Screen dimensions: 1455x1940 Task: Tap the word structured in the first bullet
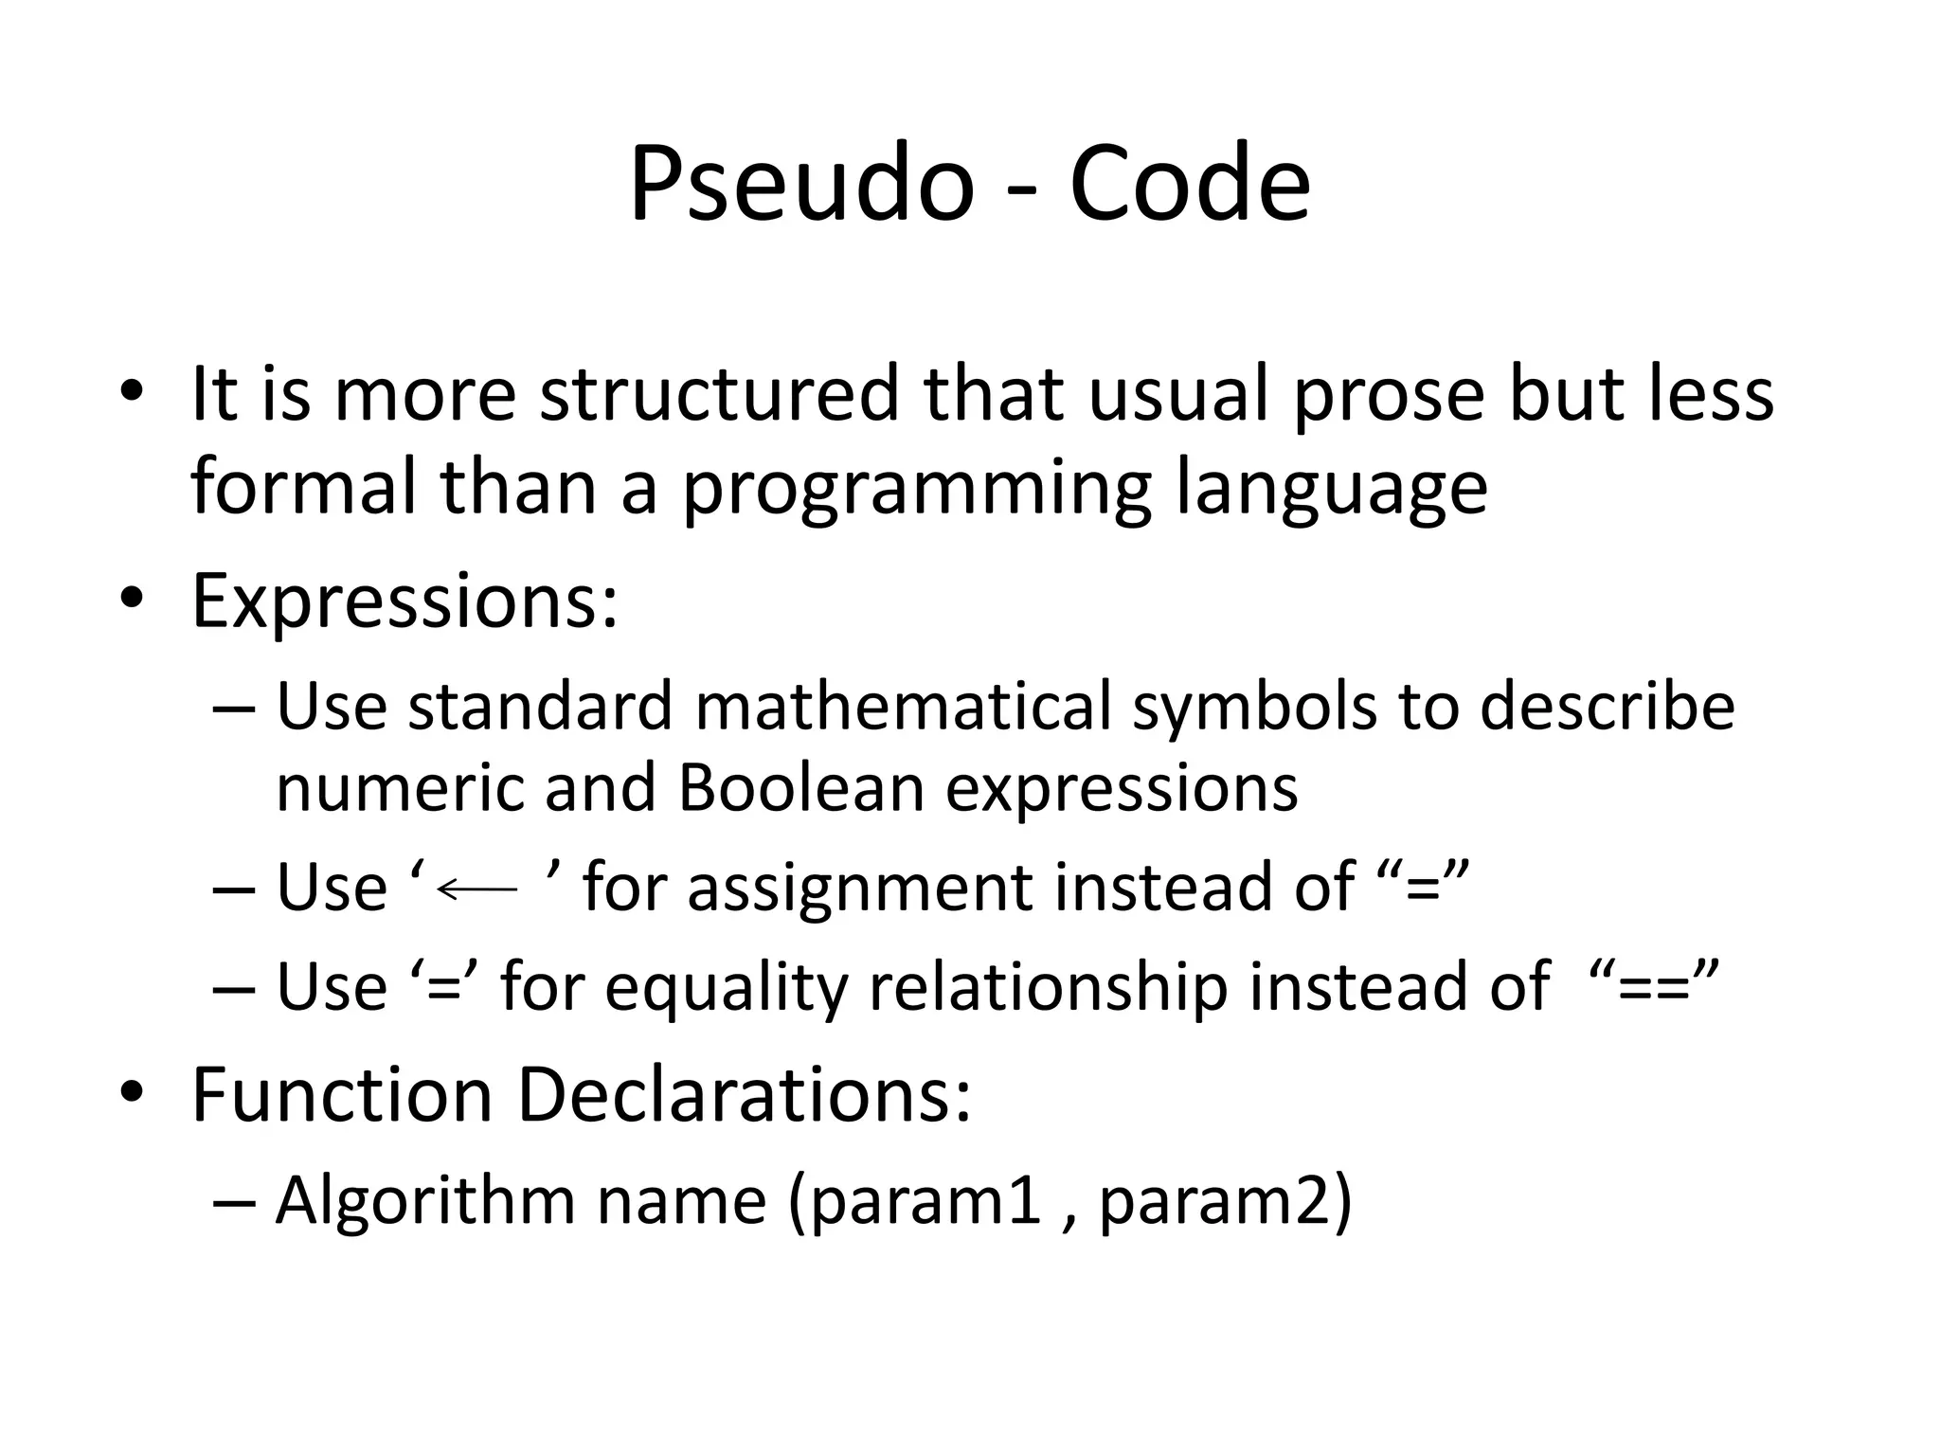pyautogui.click(x=719, y=394)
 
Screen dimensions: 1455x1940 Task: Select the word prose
pyautogui.click(x=1389, y=396)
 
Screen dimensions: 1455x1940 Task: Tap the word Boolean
pyautogui.click(x=800, y=788)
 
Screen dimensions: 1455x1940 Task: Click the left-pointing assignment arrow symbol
pyautogui.click(x=478, y=889)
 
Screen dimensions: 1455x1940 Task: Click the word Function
pyautogui.click(x=342, y=1095)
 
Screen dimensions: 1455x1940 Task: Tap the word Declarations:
pyautogui.click(x=745, y=1095)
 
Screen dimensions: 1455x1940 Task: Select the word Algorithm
pyautogui.click(x=425, y=1201)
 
